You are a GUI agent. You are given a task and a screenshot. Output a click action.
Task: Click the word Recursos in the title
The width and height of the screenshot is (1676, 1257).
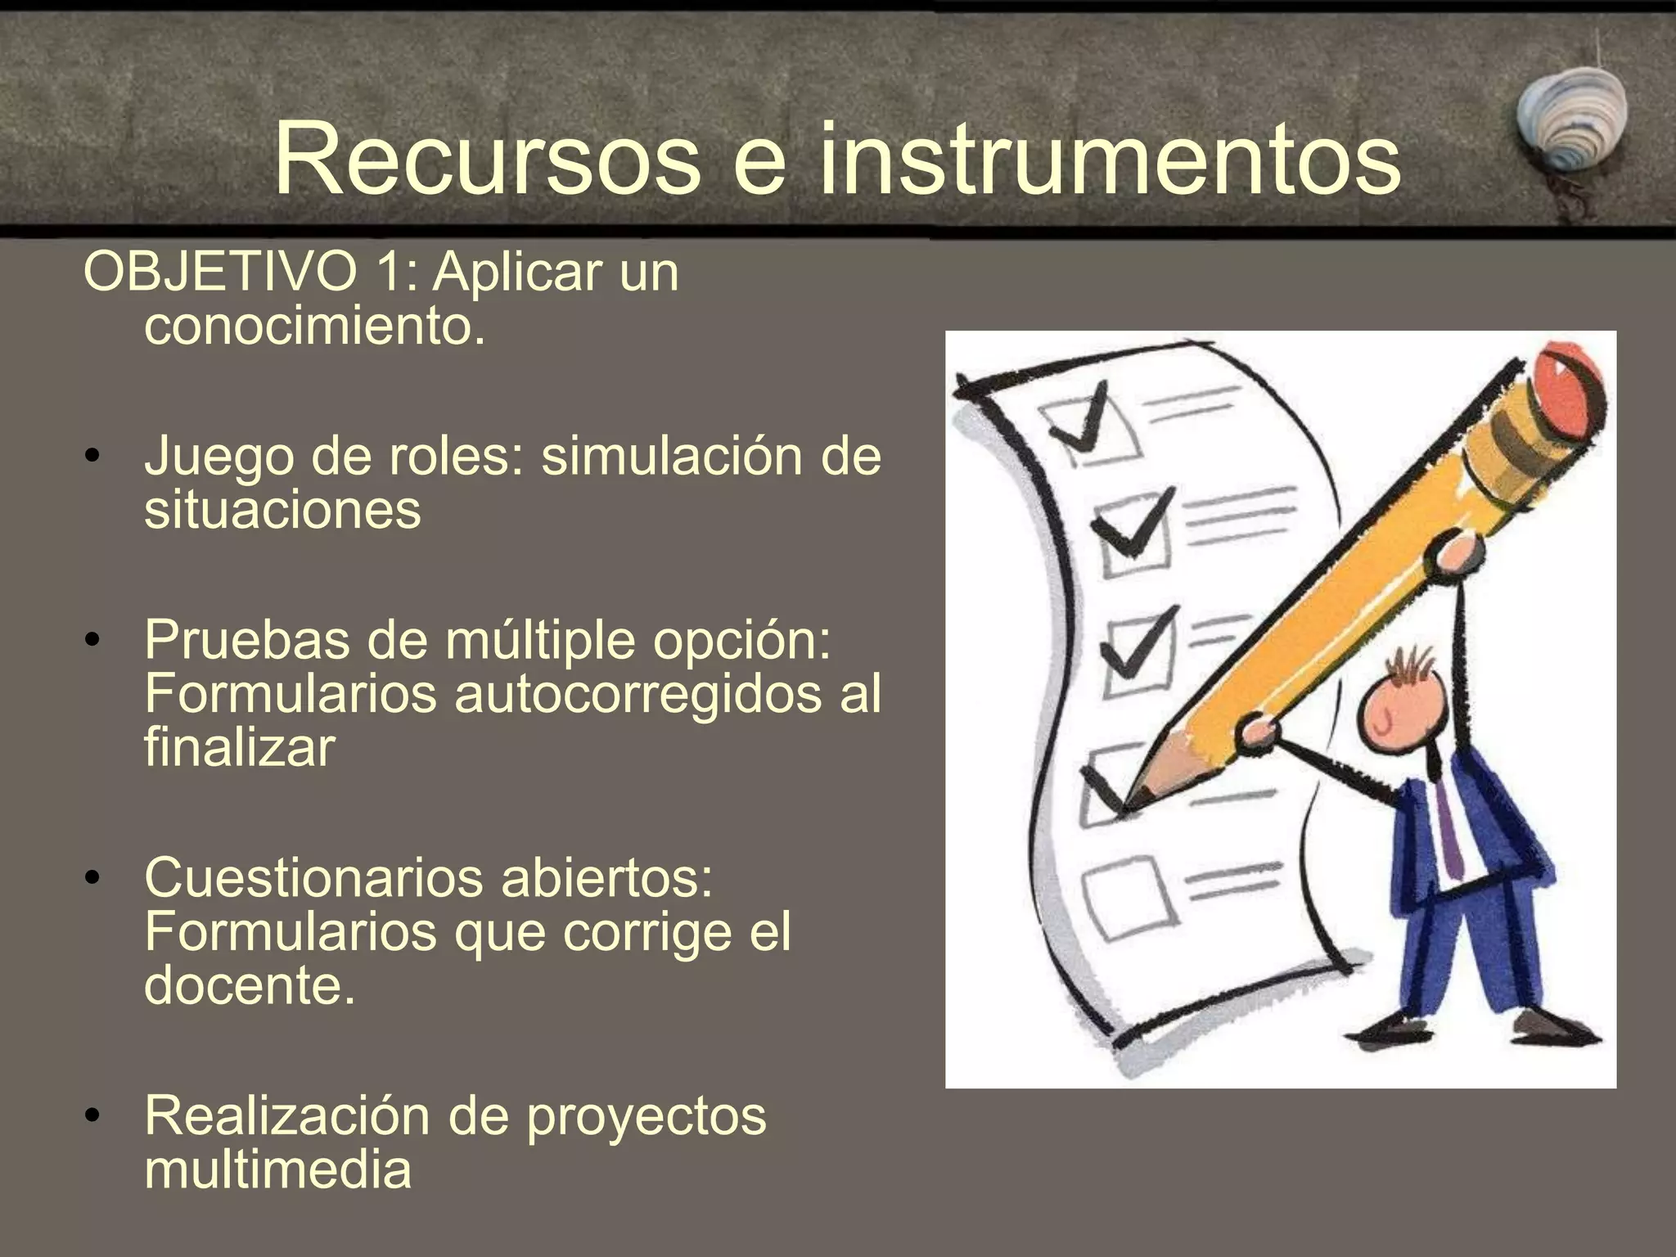(488, 159)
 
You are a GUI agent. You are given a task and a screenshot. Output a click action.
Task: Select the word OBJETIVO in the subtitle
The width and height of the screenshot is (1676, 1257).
(220, 272)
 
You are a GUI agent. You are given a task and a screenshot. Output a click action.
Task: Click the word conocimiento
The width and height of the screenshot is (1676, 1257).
(314, 327)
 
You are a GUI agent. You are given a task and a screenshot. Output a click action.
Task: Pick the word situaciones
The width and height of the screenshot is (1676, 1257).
(282, 510)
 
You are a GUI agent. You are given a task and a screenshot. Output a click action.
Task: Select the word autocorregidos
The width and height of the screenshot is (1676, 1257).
(638, 694)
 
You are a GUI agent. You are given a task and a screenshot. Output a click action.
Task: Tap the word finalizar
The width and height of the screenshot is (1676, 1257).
(239, 748)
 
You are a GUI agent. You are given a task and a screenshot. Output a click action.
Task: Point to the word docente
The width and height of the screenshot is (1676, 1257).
(250, 985)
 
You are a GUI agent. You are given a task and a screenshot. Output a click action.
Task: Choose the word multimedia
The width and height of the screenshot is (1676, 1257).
(277, 1169)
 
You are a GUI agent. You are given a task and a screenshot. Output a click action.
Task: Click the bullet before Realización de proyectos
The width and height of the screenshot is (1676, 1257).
(93, 1115)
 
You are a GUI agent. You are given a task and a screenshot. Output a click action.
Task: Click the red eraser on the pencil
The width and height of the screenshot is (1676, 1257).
(1567, 391)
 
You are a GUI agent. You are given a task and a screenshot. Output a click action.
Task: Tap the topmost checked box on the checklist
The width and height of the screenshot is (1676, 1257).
(1093, 426)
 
